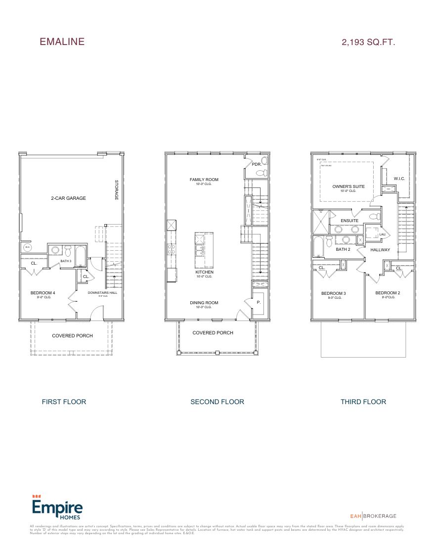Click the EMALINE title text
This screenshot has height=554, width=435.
click(x=62, y=42)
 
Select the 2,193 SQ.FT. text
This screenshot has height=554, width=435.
click(x=368, y=43)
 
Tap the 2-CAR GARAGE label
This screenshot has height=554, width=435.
click(x=68, y=198)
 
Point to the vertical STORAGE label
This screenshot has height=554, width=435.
click(x=117, y=190)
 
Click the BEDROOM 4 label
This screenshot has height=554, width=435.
click(x=43, y=293)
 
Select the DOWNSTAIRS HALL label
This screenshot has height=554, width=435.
click(x=102, y=293)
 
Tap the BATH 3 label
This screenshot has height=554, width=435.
click(x=66, y=261)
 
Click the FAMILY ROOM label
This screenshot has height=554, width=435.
click(x=204, y=180)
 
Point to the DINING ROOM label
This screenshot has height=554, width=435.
click(x=204, y=303)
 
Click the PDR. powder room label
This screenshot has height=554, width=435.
click(x=256, y=164)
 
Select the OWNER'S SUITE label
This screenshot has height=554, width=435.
click(x=348, y=186)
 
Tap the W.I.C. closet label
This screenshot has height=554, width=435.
click(x=399, y=179)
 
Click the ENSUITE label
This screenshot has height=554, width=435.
click(x=350, y=221)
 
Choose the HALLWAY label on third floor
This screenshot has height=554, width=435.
click(x=380, y=250)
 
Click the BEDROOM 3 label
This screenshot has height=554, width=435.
click(x=333, y=293)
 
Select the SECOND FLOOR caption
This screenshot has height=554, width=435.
click(x=217, y=402)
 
